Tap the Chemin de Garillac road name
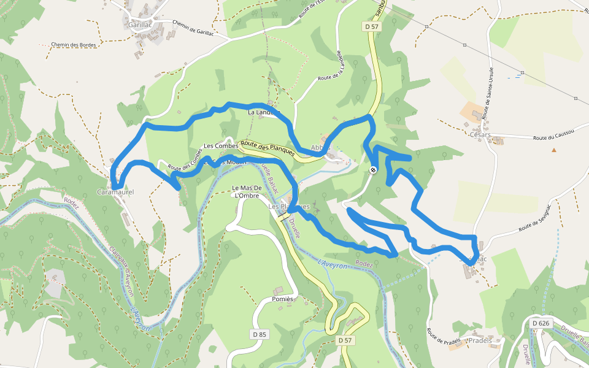click(x=193, y=28)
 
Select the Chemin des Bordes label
click(x=74, y=45)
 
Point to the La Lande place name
click(x=260, y=113)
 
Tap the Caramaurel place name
click(x=115, y=193)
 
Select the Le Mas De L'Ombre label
click(x=247, y=191)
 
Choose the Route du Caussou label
click(x=553, y=138)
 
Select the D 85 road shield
click(x=259, y=334)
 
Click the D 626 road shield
click(x=541, y=323)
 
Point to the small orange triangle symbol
click(x=554, y=150)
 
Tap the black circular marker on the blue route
click(x=373, y=170)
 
